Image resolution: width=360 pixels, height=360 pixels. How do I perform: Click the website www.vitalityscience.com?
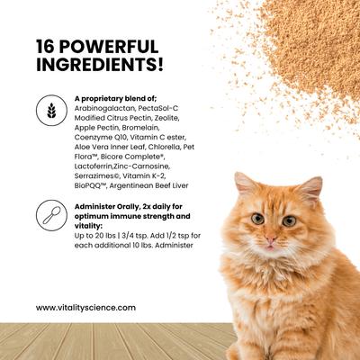[x=86, y=308]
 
